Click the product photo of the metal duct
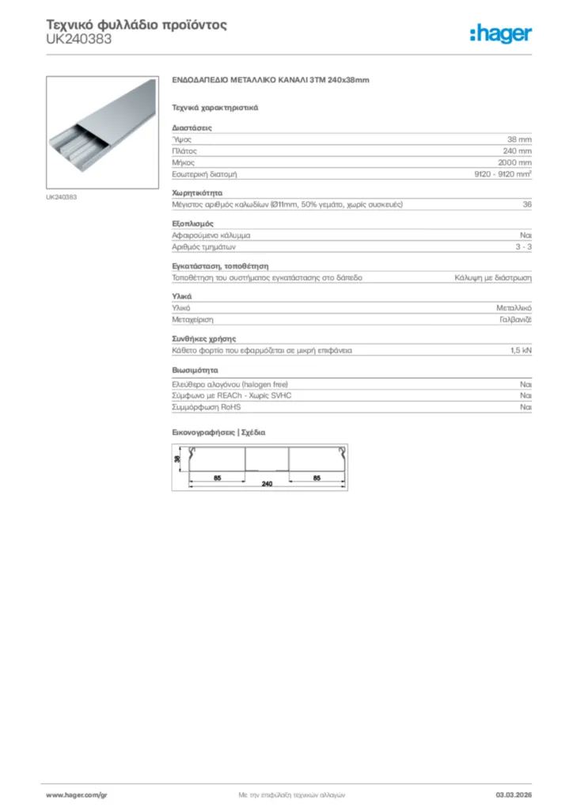[x=101, y=132]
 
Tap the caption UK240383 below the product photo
[x=62, y=196]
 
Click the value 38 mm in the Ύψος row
[x=519, y=139]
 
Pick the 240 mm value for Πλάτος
[x=518, y=150]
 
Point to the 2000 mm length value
[x=515, y=162]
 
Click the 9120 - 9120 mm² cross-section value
[x=498, y=173]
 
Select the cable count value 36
[x=527, y=204]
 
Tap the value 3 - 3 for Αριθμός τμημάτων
[x=523, y=247]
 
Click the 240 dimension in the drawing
[x=268, y=483]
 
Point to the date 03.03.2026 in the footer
[x=513, y=794]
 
